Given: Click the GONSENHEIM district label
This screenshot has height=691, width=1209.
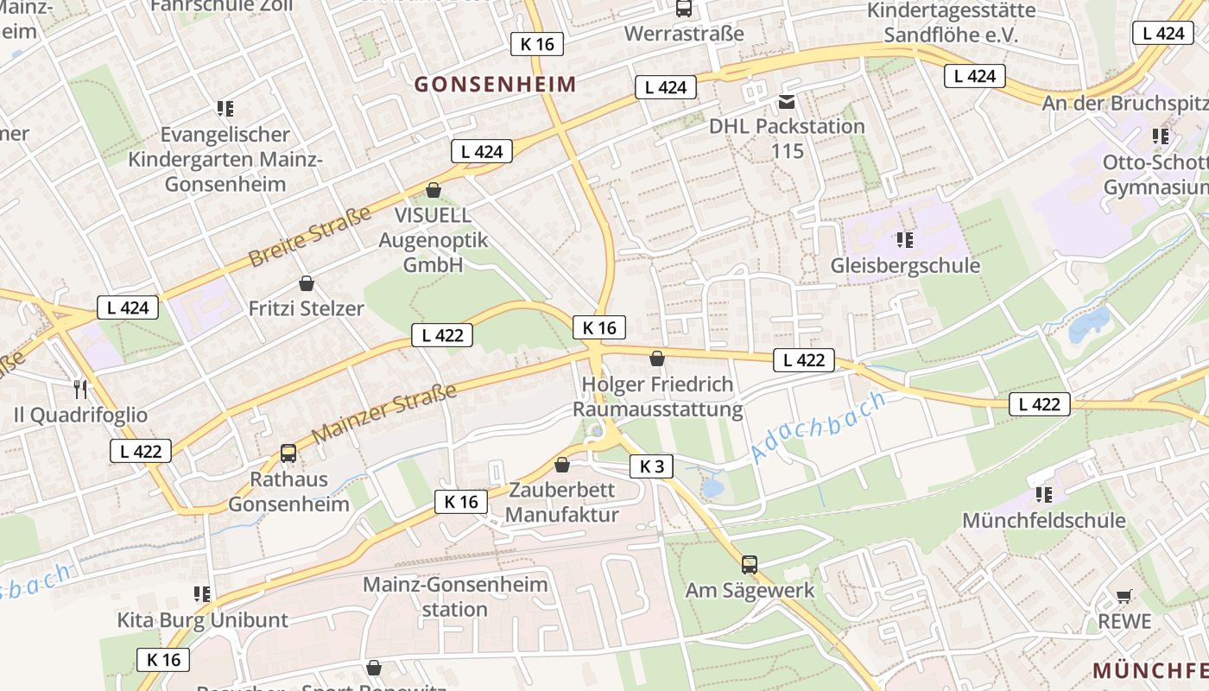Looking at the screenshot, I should [495, 84].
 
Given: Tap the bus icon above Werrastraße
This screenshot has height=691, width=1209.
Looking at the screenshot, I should [684, 9].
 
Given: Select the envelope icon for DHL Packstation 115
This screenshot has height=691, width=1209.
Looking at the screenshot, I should [787, 102].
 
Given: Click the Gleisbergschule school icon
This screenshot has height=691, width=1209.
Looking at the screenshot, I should [905, 239].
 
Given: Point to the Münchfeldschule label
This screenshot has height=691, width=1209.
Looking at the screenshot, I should [1043, 520].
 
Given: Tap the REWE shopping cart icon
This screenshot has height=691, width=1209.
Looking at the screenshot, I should [1124, 596].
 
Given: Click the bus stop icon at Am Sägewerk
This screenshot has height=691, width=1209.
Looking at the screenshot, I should [750, 565].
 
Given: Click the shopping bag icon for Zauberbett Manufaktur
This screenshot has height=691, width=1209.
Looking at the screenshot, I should [562, 465].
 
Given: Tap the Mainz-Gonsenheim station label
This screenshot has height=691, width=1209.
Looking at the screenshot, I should [455, 596].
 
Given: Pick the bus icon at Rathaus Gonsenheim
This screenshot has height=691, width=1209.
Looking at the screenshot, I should [288, 453].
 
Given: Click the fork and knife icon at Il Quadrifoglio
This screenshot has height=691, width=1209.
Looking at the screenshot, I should [80, 390].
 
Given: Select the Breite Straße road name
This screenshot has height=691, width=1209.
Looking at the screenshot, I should [309, 235].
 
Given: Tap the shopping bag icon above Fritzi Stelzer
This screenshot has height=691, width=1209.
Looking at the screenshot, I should [306, 283].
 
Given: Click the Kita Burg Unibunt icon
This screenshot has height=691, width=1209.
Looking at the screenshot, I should [202, 594].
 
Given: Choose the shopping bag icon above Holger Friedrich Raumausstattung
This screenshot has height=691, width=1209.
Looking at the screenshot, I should [657, 358].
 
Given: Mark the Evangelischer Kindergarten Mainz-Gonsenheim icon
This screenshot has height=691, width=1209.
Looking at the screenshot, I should [225, 109].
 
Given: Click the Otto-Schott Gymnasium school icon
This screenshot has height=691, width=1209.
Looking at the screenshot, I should [1161, 136].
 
